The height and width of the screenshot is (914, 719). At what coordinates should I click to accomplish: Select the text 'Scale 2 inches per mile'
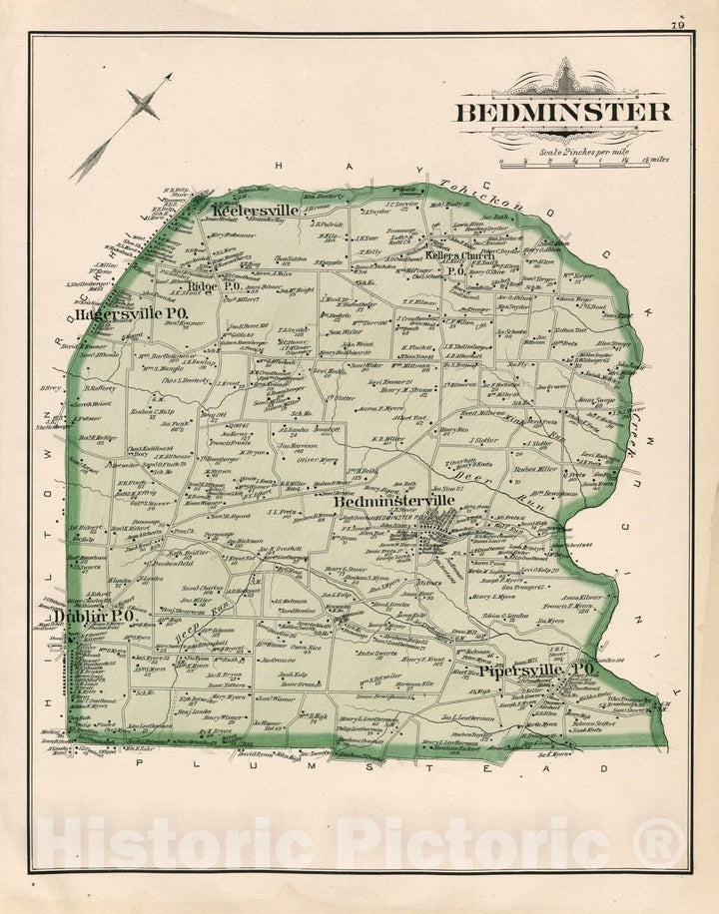point(579,150)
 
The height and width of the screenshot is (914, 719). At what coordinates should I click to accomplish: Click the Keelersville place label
point(255,212)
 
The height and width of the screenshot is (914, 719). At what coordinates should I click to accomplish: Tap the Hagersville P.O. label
point(132,312)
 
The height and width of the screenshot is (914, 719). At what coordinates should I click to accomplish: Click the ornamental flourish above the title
point(565,79)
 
